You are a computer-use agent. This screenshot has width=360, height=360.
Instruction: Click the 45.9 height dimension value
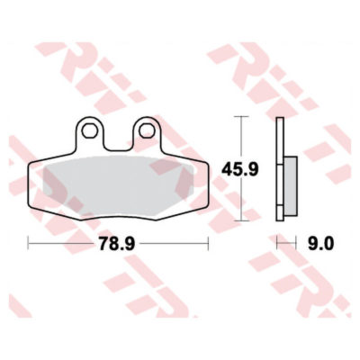pyautogui.click(x=239, y=170)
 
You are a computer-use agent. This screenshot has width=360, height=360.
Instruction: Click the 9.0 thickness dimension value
pyautogui.click(x=320, y=244)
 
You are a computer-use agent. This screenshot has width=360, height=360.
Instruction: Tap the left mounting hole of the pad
pyautogui.click(x=90, y=130)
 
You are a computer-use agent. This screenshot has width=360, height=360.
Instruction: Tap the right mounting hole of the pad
pyautogui.click(x=146, y=130)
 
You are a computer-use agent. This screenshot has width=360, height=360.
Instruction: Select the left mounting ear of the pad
pyautogui.click(x=90, y=133)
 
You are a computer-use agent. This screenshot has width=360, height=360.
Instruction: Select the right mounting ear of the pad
pyautogui.click(x=146, y=133)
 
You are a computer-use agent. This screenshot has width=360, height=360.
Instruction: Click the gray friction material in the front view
pyautogui.click(x=119, y=185)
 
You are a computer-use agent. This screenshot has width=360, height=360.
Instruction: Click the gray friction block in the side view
pyautogui.click(x=291, y=185)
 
